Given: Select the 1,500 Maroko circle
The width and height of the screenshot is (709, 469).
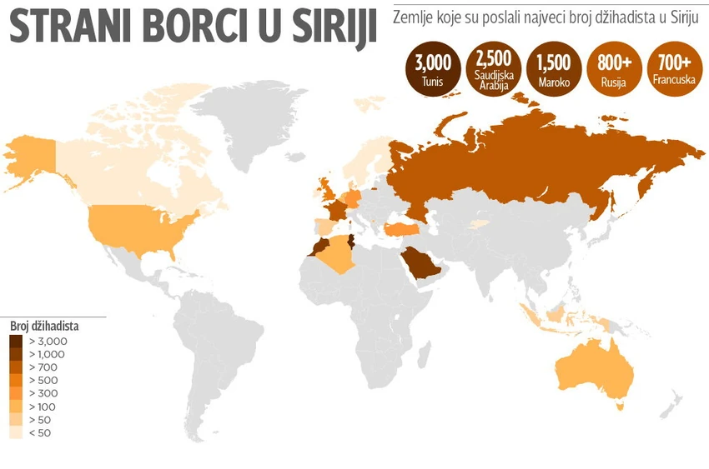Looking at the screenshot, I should pyautogui.click(x=554, y=68).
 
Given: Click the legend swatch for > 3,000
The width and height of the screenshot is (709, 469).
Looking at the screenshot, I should pyautogui.click(x=17, y=342).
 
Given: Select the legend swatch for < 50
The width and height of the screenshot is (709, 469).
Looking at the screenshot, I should pyautogui.click(x=17, y=432).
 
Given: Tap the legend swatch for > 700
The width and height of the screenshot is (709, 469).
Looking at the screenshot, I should pyautogui.click(x=17, y=367).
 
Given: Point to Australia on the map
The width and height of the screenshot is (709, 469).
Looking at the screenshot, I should pyautogui.click(x=589, y=375).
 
